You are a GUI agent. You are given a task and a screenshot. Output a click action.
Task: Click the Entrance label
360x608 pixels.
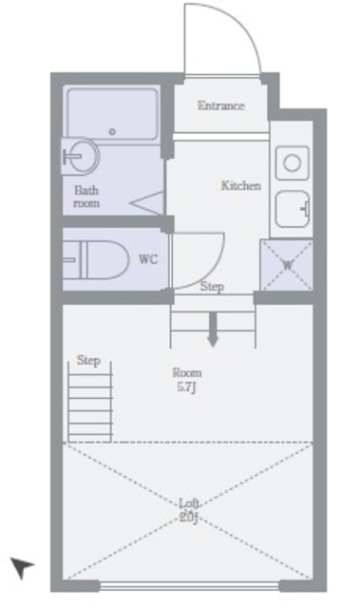[221, 105]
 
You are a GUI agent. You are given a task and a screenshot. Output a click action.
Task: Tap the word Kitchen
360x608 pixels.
[240, 185]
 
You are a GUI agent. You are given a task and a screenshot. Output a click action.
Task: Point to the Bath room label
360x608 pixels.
[86, 197]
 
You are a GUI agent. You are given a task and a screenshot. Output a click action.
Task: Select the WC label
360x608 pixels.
[148, 259]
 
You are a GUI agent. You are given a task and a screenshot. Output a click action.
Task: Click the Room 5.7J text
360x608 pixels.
[187, 380]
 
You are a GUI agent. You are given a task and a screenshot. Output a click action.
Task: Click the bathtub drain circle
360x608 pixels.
[112, 132]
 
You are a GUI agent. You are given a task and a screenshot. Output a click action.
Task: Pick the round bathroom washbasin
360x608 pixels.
[81, 156]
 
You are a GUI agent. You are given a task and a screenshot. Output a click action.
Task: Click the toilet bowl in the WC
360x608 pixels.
[96, 259]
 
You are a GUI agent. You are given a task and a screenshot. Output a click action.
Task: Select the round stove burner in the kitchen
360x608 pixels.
[292, 162]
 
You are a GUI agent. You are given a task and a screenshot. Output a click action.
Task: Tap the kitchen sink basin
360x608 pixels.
[293, 209]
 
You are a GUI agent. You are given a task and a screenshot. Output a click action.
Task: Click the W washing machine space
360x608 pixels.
[287, 265]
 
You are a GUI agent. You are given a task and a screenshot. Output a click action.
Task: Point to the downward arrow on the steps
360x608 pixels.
[213, 329]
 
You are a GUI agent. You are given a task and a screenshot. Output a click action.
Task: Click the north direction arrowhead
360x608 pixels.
[22, 568]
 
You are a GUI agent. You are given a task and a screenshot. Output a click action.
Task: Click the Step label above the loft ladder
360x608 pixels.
[88, 360]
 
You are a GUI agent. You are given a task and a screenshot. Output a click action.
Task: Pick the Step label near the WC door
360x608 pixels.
[212, 287]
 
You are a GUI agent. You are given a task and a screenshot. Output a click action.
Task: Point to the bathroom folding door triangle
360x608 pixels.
[146, 202]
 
